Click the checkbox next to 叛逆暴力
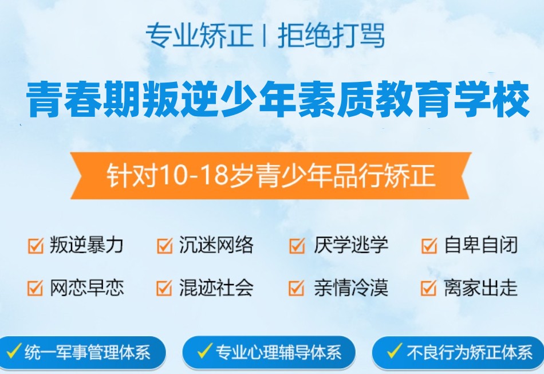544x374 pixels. (x=36, y=246)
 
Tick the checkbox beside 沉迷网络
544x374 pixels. (x=164, y=246)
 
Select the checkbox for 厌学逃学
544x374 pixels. (x=297, y=246)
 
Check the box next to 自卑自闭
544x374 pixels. (x=428, y=246)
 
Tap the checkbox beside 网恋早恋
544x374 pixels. (x=36, y=288)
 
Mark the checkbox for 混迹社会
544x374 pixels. (x=164, y=288)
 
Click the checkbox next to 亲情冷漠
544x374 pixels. (x=297, y=288)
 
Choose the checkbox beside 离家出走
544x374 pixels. (x=428, y=288)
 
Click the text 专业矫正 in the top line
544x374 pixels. (x=199, y=36)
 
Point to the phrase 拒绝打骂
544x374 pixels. (x=330, y=36)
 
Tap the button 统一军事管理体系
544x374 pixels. (x=82, y=352)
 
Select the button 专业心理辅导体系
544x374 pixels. (x=269, y=352)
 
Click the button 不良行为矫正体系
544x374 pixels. (x=458, y=352)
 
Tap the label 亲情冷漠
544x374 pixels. (x=350, y=288)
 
